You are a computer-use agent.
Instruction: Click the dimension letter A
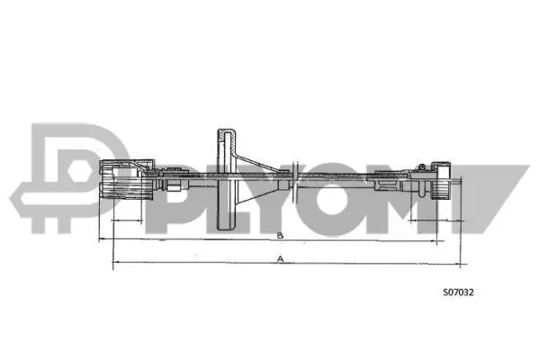pyautogui.click(x=280, y=258)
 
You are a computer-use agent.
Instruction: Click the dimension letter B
pyautogui.click(x=280, y=236)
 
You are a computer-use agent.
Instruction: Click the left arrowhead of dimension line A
pyautogui.click(x=114, y=265)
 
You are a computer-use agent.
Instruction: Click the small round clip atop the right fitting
pyautogui.click(x=419, y=165)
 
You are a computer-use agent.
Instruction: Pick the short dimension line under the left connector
pyautogui.click(x=126, y=219)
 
